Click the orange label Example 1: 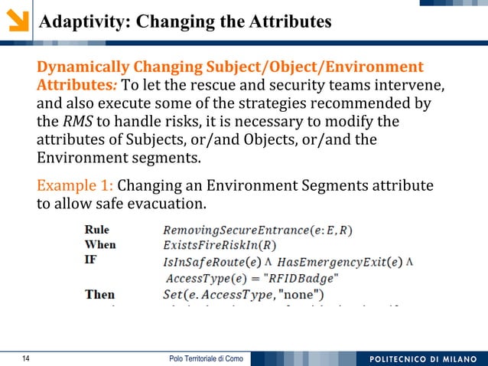tap(75, 186)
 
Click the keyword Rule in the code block tap(96, 229)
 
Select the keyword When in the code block tap(100, 244)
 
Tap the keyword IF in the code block tap(90, 260)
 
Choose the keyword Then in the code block tap(99, 293)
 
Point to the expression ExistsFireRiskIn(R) tap(220, 246)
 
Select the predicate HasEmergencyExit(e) tap(340, 262)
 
